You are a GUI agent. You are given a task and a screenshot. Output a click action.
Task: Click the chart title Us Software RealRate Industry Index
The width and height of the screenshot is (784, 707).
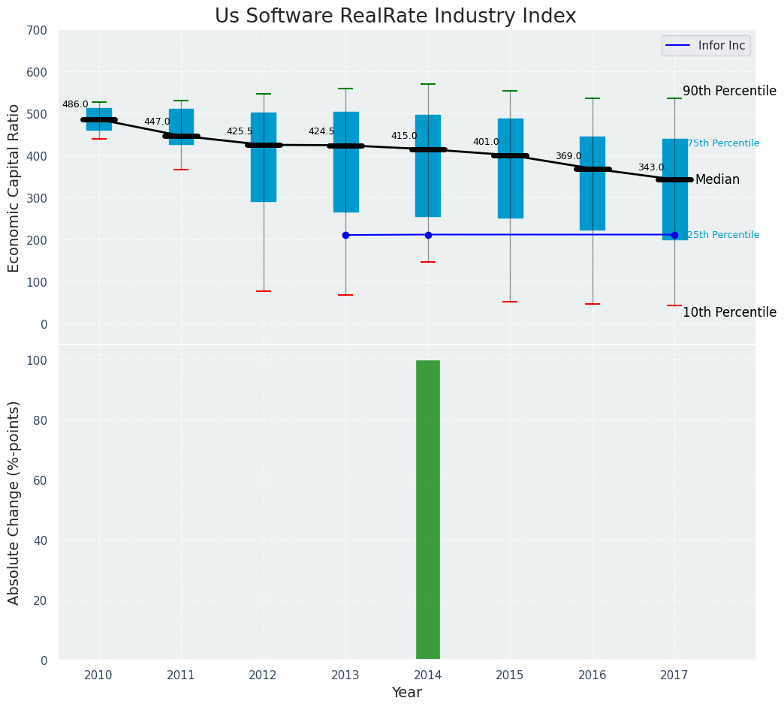[x=395, y=17]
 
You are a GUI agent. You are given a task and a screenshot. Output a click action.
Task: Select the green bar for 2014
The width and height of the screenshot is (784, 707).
[x=428, y=510]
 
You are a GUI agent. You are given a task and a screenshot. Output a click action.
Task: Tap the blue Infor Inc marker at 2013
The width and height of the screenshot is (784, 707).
[x=345, y=236]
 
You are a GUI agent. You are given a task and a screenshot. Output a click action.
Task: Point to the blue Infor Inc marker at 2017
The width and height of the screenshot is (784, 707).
[x=674, y=235]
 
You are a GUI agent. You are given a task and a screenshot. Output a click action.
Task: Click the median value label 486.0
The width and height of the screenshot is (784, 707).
[x=75, y=105]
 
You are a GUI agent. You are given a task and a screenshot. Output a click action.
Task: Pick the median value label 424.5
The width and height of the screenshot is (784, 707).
[x=321, y=132]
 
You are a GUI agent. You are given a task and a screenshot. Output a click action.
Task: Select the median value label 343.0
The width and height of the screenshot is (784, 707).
[x=651, y=168]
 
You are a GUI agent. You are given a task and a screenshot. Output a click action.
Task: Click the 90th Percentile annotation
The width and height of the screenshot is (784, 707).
[x=729, y=91]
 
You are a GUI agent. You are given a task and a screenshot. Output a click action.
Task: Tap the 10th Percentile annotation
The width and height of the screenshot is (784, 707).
[x=729, y=312]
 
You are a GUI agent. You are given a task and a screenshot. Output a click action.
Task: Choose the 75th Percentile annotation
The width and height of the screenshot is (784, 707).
[x=723, y=143]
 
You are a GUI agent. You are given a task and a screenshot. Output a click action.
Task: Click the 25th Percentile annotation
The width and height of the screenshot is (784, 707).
[x=723, y=235]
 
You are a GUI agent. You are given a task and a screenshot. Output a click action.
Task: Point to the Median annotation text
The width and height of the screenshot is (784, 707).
[x=717, y=180]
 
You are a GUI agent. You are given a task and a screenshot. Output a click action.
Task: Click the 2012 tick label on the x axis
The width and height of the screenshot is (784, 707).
[x=263, y=675]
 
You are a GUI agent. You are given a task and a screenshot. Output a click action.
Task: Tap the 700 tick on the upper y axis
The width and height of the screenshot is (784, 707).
[x=37, y=31]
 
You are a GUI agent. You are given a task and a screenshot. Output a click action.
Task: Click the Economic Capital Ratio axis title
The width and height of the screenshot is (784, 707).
[x=14, y=188]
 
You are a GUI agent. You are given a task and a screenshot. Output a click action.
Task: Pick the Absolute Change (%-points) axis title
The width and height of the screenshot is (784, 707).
[x=14, y=502]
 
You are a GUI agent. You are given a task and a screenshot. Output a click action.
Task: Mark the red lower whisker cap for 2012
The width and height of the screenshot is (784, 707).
[x=264, y=291]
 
